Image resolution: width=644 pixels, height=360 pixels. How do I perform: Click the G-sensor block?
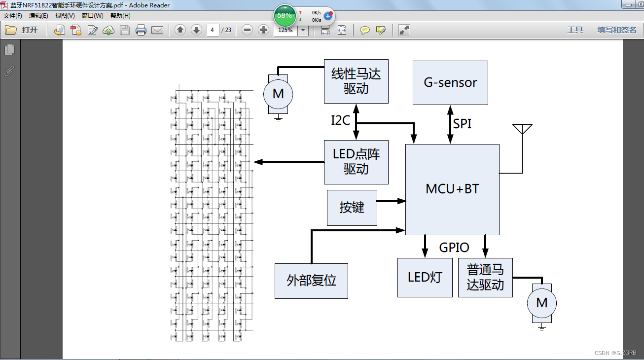450,82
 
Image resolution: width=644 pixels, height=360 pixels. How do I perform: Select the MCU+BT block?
452,189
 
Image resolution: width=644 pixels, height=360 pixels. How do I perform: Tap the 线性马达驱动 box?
356,81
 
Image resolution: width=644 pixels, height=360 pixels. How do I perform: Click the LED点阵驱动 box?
356,162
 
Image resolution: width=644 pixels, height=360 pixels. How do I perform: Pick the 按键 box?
352,208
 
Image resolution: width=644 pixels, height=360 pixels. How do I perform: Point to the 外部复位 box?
311,281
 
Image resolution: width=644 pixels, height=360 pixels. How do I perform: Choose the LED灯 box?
425,277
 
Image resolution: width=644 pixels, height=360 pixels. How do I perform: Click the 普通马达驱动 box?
485,277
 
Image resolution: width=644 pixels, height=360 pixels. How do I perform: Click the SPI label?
462,124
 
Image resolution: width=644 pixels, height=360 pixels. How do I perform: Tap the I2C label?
340,120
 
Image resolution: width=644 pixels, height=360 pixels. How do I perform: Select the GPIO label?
454,247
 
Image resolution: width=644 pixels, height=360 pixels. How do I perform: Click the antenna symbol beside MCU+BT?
522,129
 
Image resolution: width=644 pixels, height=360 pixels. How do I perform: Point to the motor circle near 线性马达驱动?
278,94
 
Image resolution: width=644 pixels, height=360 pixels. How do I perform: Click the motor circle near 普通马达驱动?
541,303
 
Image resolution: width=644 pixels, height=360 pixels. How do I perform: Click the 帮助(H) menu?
120,15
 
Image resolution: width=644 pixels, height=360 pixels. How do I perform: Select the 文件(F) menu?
13,15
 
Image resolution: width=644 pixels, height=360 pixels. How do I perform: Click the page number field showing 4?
213,30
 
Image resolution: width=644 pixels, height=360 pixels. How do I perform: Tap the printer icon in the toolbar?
141,30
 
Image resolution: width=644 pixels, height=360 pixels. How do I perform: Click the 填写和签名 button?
617,30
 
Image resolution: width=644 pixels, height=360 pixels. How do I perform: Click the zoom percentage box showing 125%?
286,30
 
